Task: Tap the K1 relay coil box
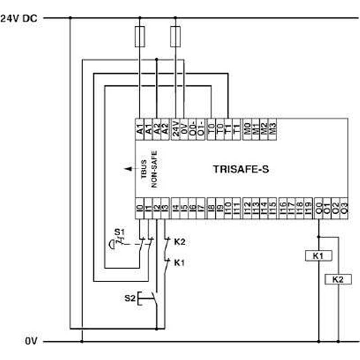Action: [x=319, y=256]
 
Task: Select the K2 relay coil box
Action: [x=338, y=279]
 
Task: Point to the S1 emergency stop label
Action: [x=119, y=232]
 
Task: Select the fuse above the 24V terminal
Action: [x=175, y=36]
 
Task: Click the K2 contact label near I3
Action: [x=180, y=242]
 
